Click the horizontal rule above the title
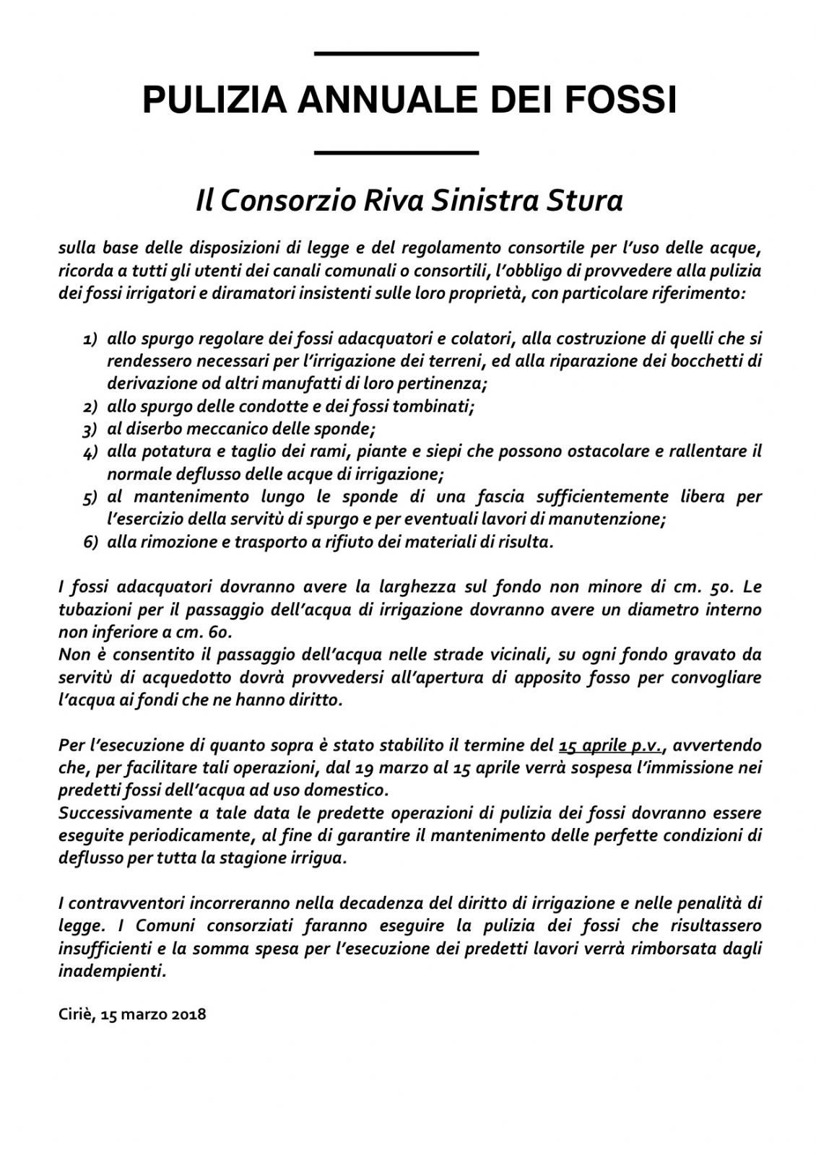[x=397, y=53]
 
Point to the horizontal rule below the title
[x=397, y=152]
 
